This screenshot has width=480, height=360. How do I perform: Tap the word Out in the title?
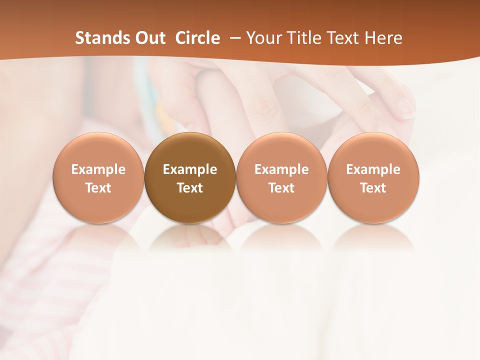coord(148,38)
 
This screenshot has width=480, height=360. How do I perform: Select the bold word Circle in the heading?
coord(197,38)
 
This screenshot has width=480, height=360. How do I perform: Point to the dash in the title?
coord(233,38)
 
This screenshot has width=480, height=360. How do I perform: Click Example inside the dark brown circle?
coord(190,169)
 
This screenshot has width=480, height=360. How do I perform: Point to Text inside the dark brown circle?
coord(190,188)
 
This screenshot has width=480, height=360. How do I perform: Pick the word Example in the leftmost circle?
coord(98,169)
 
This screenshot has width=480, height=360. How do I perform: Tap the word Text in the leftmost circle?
coord(98,188)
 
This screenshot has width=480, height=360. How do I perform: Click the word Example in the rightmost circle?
coord(373,169)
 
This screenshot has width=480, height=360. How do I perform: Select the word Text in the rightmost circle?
coord(373,188)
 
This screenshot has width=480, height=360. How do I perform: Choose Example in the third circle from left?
coord(281,169)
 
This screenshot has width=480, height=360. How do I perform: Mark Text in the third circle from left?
coord(281,188)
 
